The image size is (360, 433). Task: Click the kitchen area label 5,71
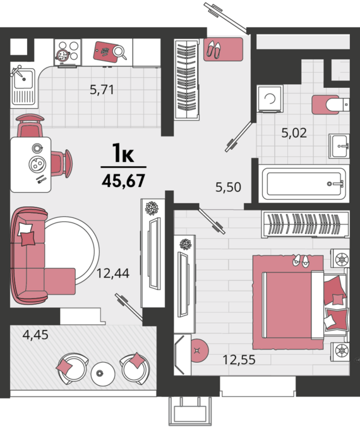[x=102, y=90]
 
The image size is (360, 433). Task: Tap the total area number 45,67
[x=123, y=181]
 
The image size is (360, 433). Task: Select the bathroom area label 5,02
[x=294, y=133]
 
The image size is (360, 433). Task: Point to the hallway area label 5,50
[x=228, y=187]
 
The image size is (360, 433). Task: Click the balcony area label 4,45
[x=35, y=334]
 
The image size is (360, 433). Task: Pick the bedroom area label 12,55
[x=239, y=360]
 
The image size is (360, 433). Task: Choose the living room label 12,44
[x=113, y=273]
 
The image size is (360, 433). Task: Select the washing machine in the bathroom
[x=270, y=99]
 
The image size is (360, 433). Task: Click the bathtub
[x=304, y=184]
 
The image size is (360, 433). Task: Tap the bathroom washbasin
[x=339, y=146]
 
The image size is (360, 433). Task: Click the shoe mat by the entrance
[x=223, y=49]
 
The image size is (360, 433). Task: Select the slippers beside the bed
[x=301, y=260]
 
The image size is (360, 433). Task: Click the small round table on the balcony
[x=102, y=374]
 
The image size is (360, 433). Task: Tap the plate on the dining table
[x=38, y=164]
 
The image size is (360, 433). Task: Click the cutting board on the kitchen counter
[x=105, y=51]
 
